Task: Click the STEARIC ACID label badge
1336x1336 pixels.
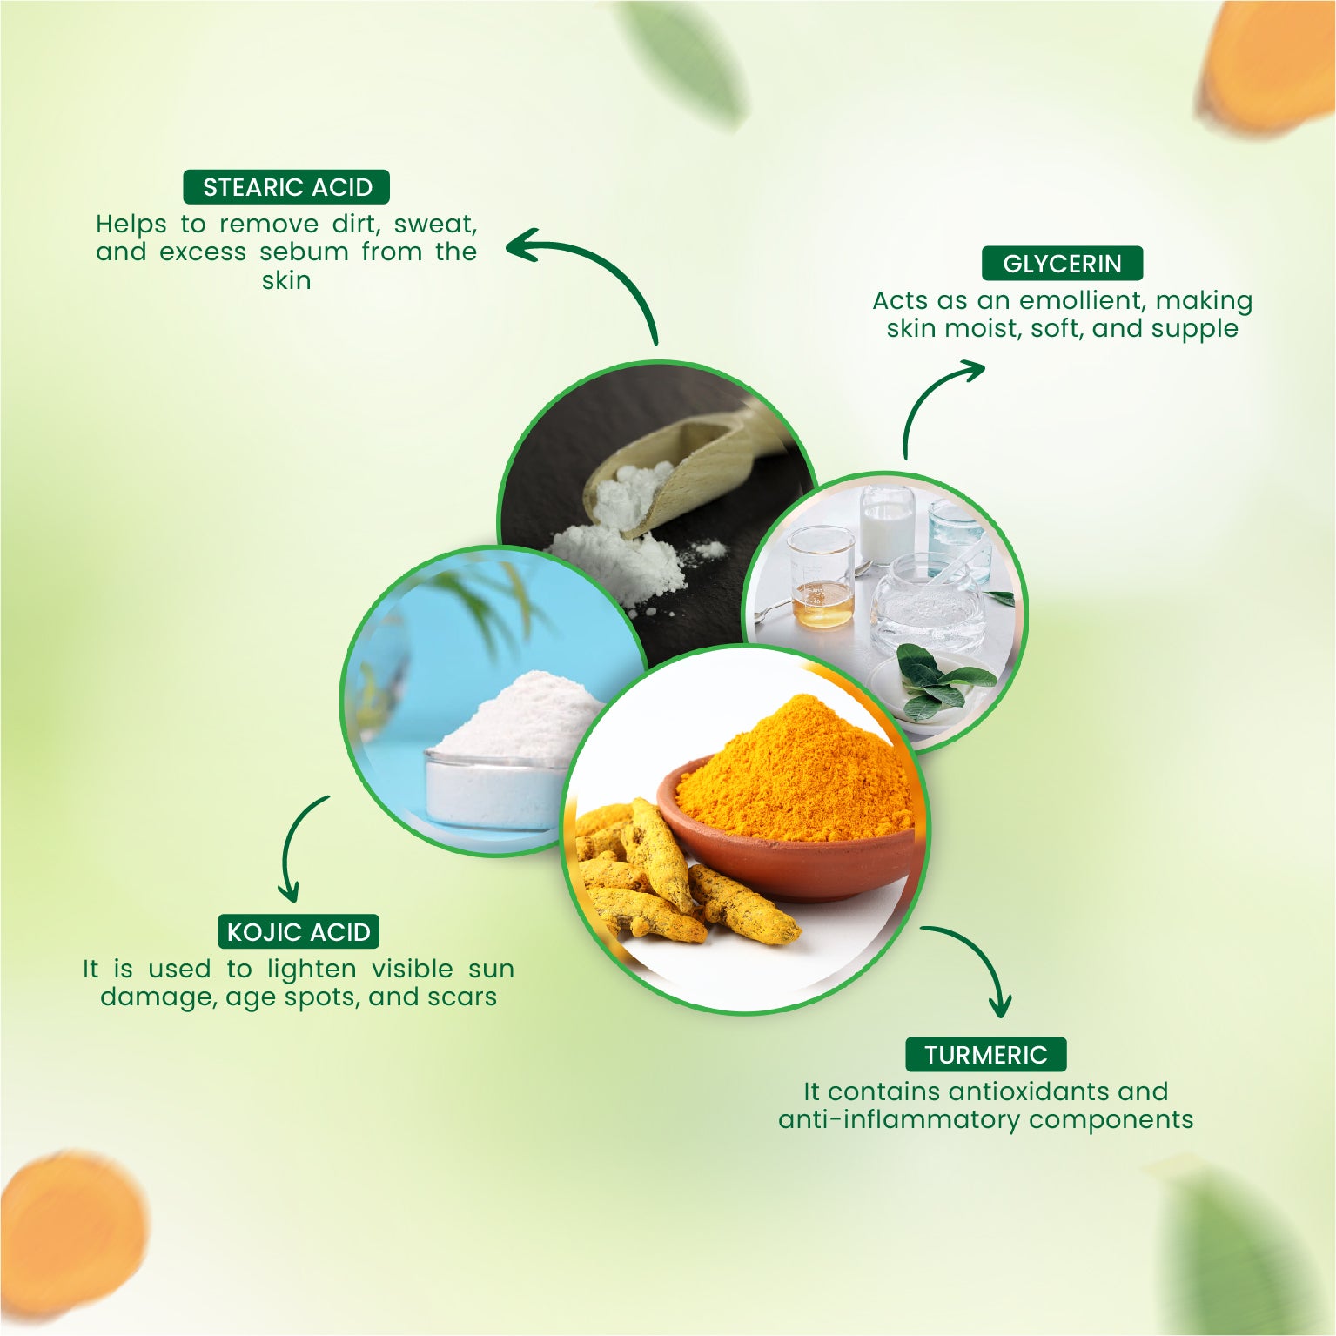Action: click(x=286, y=187)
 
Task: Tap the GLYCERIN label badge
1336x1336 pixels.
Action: click(x=1062, y=264)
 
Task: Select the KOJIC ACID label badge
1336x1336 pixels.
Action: click(x=299, y=932)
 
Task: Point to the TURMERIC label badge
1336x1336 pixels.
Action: click(x=985, y=1055)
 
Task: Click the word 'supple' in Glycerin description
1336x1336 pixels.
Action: click(x=1194, y=329)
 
